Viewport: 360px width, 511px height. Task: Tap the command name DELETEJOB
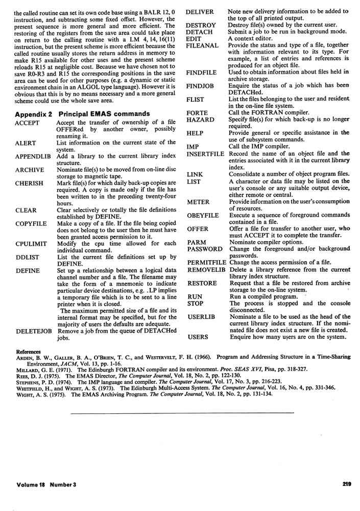34,331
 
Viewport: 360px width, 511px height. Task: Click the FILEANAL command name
202,45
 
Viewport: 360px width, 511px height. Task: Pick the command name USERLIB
201,317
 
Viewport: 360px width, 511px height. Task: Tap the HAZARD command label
201,119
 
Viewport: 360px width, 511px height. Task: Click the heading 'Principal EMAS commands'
105,113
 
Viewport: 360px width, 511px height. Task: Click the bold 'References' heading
29,352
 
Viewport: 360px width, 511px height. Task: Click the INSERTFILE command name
206,153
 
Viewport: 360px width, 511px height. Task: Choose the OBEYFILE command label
203,215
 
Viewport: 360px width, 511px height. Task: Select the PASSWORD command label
205,249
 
